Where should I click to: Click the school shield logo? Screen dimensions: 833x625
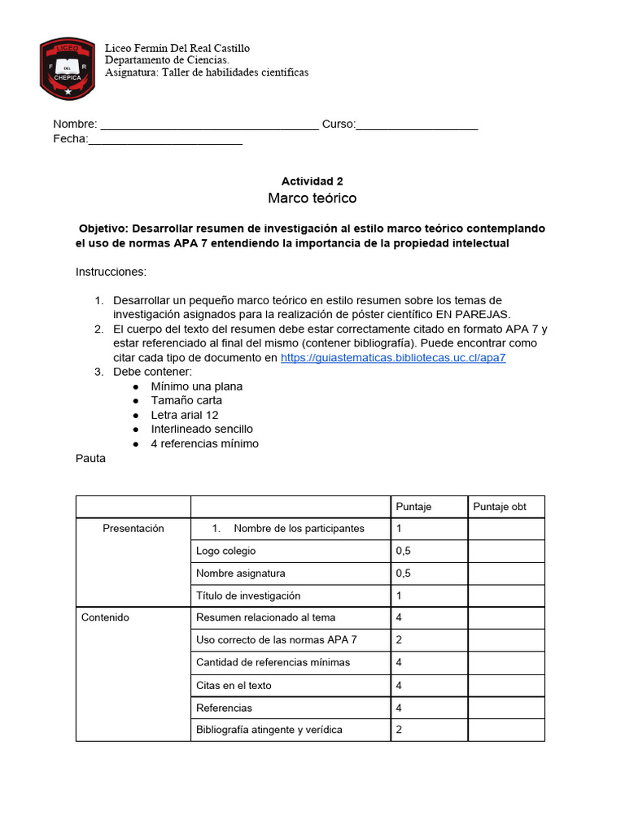[68, 68]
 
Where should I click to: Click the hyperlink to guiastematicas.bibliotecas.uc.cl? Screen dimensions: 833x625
[393, 358]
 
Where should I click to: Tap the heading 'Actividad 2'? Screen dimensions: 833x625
[306, 181]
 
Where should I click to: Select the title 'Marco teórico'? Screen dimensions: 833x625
[312, 198]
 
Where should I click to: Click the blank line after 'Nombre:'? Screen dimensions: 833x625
[209, 125]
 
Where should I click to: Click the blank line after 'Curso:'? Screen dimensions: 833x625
[417, 125]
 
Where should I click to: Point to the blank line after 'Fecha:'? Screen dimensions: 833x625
[165, 140]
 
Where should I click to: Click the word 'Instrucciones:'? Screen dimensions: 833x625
[111, 272]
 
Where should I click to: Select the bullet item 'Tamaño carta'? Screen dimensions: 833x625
[186, 400]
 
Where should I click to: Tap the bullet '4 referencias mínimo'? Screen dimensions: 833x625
[204, 443]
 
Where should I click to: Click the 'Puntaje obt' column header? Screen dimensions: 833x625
[500, 507]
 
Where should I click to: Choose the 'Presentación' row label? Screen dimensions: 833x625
[133, 529]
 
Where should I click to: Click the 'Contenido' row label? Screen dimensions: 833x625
[105, 617]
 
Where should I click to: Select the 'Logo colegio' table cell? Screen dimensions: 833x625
[225, 551]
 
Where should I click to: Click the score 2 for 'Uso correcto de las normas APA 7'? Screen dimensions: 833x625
[399, 640]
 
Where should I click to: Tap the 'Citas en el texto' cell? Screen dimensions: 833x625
[234, 685]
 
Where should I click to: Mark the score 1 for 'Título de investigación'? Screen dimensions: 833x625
[399, 595]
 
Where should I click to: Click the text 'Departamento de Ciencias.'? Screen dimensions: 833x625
[167, 60]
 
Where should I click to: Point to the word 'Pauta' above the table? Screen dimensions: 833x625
[90, 459]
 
